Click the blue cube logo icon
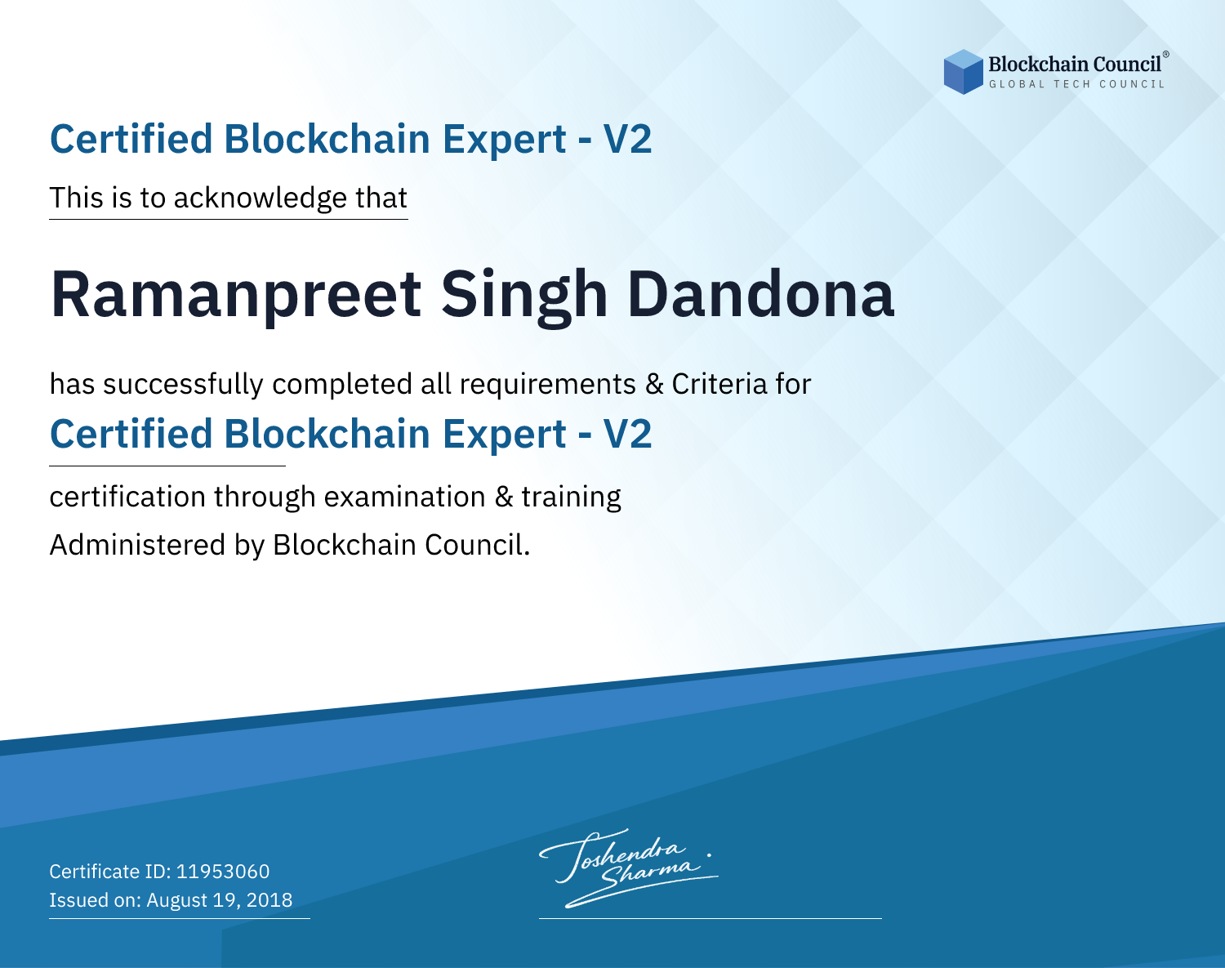pos(963,72)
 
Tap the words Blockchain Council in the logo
pos(1074,65)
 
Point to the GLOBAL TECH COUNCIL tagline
pos(1076,84)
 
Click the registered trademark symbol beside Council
pos(1166,55)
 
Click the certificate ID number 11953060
pos(223,871)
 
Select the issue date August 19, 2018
pos(219,899)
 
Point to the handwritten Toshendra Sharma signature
pos(628,868)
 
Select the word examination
pos(405,497)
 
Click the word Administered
pos(138,544)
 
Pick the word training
pos(571,497)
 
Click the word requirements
pos(548,385)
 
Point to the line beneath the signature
pos(710,918)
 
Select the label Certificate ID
pos(110,871)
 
